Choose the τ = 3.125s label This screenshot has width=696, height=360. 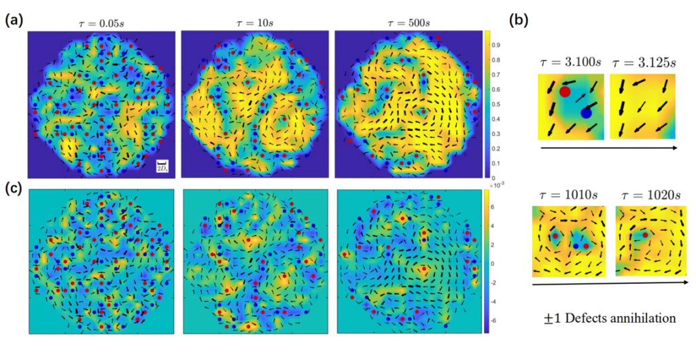pos(642,62)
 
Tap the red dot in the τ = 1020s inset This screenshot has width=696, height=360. pos(640,236)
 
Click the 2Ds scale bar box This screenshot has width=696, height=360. pos(162,165)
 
